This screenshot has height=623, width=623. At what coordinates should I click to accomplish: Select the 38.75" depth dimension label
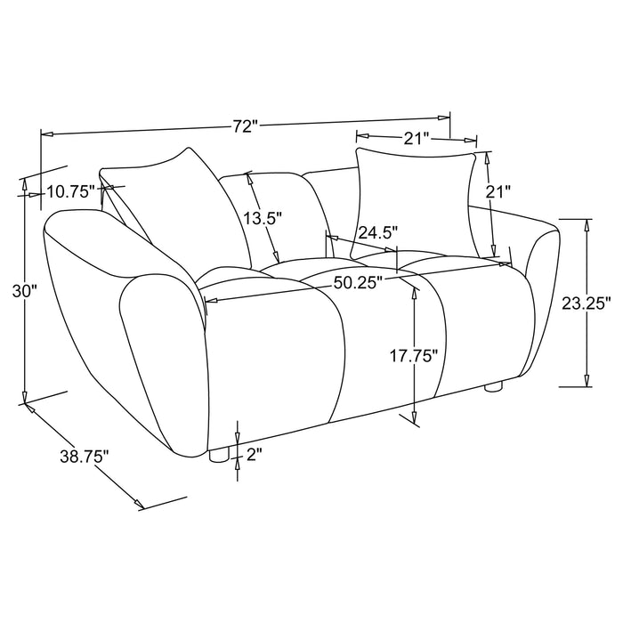[x=85, y=457]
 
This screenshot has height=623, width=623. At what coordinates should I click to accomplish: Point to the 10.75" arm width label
[x=71, y=190]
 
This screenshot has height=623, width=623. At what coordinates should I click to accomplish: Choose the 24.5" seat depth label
[x=377, y=233]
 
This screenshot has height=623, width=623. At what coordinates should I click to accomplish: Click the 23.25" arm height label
[x=587, y=303]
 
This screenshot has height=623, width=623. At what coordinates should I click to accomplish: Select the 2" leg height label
[x=255, y=456]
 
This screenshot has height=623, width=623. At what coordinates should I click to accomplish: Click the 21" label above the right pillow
[x=417, y=137]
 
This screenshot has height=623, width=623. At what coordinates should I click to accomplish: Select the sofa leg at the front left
[x=216, y=454]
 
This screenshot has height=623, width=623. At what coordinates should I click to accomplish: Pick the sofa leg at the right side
[x=494, y=388]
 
